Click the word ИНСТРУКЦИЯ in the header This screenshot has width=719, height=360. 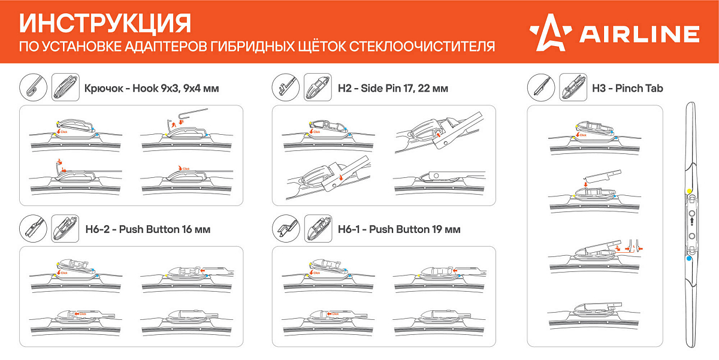pyautogui.click(x=105, y=23)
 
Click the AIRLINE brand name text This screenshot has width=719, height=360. pyautogui.click(x=639, y=34)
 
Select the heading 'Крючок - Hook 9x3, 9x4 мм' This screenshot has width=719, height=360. pyautogui.click(x=152, y=89)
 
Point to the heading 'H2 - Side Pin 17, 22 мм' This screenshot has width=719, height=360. pyautogui.click(x=392, y=89)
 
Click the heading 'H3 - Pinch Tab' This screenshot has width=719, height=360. pyautogui.click(x=627, y=89)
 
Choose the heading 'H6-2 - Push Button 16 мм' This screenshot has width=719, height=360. pyautogui.click(x=148, y=229)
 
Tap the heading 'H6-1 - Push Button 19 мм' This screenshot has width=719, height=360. pyautogui.click(x=399, y=229)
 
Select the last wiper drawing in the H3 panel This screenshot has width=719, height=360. pyautogui.click(x=594, y=314)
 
